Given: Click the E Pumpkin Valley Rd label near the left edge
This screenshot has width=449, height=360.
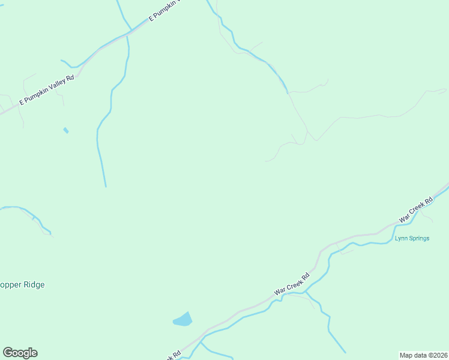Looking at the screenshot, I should [47, 90].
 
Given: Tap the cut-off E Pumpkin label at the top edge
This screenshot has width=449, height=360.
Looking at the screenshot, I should [163, 10].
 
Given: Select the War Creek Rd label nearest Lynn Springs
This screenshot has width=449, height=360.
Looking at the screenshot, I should [416, 210].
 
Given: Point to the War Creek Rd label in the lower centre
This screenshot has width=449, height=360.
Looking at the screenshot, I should [292, 283].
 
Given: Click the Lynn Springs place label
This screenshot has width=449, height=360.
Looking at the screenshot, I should [412, 238].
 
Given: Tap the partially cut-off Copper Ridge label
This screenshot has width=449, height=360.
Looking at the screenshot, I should [22, 284].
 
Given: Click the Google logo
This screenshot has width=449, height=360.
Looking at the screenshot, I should [20, 353].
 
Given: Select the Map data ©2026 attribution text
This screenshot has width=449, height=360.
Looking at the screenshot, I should [424, 355].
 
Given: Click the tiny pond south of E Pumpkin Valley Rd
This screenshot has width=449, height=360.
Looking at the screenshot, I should [65, 130].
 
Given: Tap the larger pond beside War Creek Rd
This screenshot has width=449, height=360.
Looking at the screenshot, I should [183, 320].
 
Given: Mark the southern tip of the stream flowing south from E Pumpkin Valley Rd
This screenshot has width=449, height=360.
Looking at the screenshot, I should [106, 186].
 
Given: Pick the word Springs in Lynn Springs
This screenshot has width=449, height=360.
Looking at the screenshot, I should [420, 238].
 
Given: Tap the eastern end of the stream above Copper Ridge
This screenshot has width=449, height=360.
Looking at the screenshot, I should [50, 233].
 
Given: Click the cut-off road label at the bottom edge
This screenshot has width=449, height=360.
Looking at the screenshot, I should [173, 356].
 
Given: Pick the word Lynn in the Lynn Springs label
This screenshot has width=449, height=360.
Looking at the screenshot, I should [401, 238].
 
